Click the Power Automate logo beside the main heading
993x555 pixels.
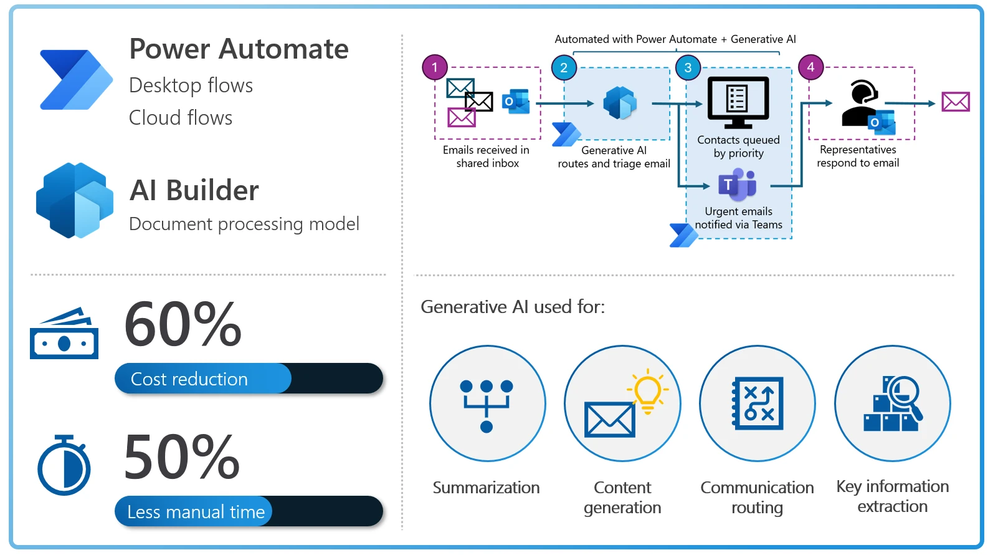[75, 80]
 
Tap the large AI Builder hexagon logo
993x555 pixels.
[75, 200]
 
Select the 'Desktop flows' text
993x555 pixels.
[191, 85]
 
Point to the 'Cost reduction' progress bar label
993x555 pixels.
[189, 379]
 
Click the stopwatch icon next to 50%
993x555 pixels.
[64, 466]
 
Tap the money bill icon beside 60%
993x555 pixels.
[64, 334]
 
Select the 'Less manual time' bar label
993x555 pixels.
[196, 512]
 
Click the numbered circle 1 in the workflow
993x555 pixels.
[435, 67]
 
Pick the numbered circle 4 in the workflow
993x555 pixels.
[810, 67]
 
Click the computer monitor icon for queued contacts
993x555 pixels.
[738, 102]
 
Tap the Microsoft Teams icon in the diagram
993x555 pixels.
[738, 185]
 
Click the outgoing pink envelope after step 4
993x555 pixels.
[956, 102]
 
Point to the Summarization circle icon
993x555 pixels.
[487, 404]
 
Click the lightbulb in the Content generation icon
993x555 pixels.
[648, 392]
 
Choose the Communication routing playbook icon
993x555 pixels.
[758, 404]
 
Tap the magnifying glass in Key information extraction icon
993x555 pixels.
[904, 395]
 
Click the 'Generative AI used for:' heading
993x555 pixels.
[513, 307]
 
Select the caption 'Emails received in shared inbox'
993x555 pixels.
[487, 157]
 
